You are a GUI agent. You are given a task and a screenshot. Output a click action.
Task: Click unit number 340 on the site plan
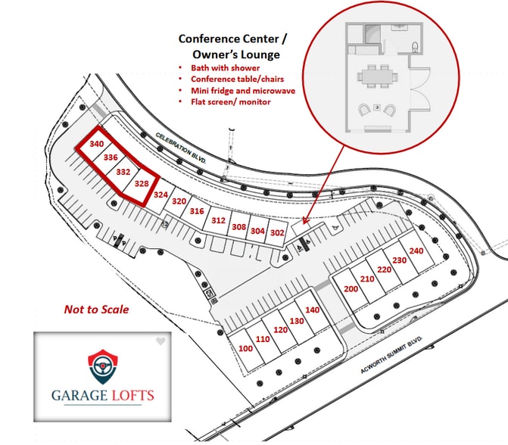97,144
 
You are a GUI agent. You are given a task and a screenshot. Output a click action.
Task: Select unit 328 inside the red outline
142,184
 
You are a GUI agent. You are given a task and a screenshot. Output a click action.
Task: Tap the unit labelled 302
277,232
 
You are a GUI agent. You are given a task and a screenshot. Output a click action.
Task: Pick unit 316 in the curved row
197,211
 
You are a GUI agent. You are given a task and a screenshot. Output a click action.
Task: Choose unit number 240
416,251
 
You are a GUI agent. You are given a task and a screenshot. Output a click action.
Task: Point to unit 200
351,288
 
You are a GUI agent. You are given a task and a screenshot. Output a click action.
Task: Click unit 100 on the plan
245,348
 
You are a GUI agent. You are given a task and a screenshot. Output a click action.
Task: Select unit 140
313,310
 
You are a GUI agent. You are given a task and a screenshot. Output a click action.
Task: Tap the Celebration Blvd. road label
180,148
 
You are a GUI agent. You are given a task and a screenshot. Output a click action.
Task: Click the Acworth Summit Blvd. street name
391,355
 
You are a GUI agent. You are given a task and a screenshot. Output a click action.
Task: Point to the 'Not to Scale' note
97,310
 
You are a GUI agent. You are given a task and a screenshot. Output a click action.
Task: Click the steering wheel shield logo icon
103,366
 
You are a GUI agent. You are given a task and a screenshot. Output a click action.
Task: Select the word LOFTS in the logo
132,396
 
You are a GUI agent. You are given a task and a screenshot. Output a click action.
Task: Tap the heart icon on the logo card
161,341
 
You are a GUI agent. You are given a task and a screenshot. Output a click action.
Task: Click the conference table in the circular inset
378,76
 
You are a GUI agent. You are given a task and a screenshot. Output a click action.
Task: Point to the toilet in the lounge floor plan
415,47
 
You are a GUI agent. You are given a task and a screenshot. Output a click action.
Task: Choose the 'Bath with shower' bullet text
225,68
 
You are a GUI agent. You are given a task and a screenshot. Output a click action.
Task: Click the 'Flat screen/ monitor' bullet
231,102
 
